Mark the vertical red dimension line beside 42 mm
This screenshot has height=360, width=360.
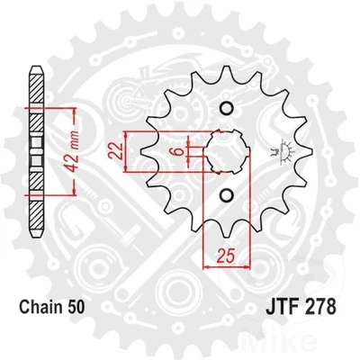coord(67,144)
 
